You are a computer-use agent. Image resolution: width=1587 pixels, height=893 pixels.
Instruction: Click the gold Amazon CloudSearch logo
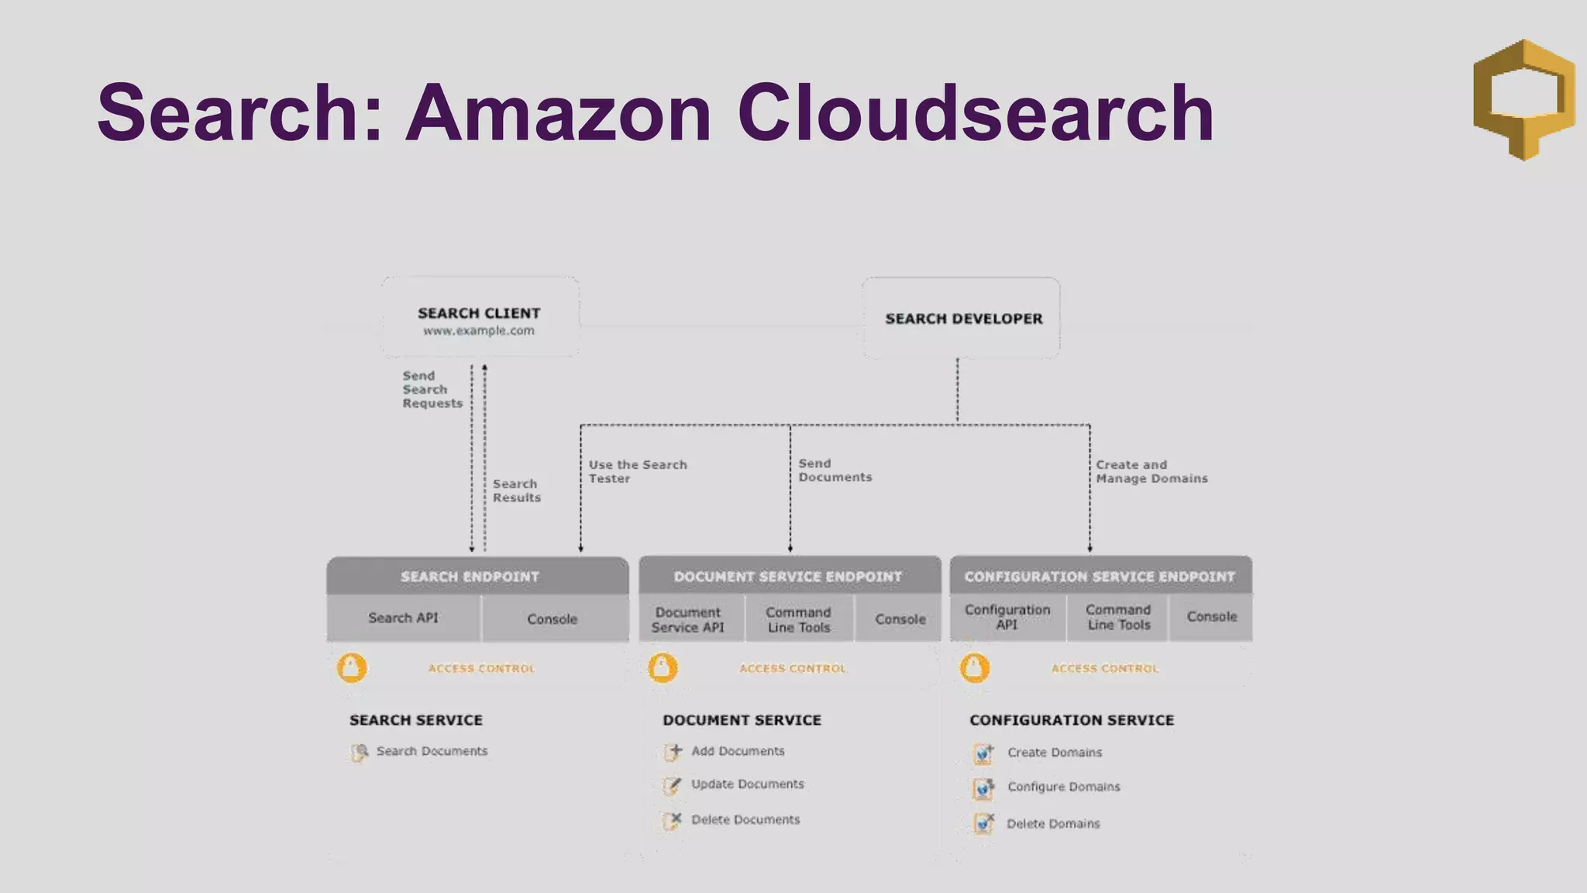pyautogui.click(x=1523, y=99)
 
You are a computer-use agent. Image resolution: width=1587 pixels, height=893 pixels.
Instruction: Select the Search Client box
pyautogui.click(x=480, y=317)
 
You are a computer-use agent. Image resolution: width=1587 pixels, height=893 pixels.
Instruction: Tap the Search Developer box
pyautogui.click(x=961, y=319)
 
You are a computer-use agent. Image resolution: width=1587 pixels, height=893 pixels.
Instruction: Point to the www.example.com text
pyautogui.click(x=479, y=331)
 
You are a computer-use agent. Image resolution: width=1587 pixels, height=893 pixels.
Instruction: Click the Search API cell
pyautogui.click(x=403, y=618)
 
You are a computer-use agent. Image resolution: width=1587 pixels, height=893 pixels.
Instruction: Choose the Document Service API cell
pyautogui.click(x=688, y=619)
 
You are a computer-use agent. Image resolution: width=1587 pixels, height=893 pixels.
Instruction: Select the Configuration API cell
pyautogui.click(x=1007, y=617)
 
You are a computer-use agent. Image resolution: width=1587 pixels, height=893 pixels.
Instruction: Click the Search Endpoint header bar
pyautogui.click(x=477, y=577)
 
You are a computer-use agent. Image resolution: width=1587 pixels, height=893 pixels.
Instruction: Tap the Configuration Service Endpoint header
pyautogui.click(x=1100, y=577)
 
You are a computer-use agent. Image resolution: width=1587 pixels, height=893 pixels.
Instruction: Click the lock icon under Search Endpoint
pyautogui.click(x=352, y=667)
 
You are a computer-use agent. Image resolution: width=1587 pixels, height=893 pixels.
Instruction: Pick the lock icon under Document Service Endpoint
pyautogui.click(x=663, y=667)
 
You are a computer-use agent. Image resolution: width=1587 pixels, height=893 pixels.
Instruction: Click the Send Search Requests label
pyautogui.click(x=432, y=389)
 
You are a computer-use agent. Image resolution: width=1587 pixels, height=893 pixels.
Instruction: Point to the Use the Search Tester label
pyautogui.click(x=637, y=471)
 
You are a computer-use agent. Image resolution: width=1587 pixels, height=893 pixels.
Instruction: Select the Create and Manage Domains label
pyautogui.click(x=1152, y=471)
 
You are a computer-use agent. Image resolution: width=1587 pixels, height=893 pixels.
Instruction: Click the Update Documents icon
pyautogui.click(x=672, y=785)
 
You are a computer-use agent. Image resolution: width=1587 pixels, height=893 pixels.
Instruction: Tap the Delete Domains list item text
pyautogui.click(x=1053, y=824)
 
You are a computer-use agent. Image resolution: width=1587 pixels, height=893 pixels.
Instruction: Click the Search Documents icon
pyautogui.click(x=359, y=752)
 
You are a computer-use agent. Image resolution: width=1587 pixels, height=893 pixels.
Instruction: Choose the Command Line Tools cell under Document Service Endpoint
pyautogui.click(x=799, y=619)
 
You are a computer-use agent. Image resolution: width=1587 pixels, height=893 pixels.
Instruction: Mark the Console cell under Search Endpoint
pyautogui.click(x=553, y=619)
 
